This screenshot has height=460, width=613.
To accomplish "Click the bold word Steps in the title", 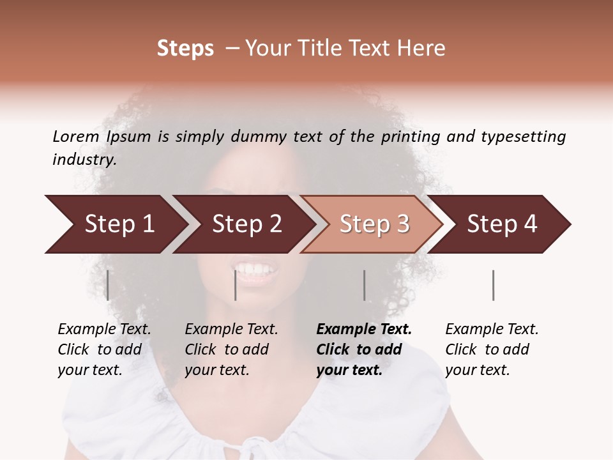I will click(185, 49).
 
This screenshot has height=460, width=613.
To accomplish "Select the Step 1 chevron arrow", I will click(115, 224).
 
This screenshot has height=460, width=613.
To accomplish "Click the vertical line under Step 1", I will click(108, 285).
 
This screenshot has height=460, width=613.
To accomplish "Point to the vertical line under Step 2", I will click(236, 285).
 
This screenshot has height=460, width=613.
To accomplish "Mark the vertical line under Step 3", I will click(364, 285).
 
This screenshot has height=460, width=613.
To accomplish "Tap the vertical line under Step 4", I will click(493, 285).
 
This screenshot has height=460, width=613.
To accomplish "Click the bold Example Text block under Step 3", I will click(364, 349).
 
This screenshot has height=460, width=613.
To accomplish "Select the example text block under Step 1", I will click(105, 349).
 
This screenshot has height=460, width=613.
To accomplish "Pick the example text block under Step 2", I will click(232, 349).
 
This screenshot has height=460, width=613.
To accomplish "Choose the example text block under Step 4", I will click(492, 349).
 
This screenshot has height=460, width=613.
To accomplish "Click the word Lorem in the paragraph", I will click(76, 136).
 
